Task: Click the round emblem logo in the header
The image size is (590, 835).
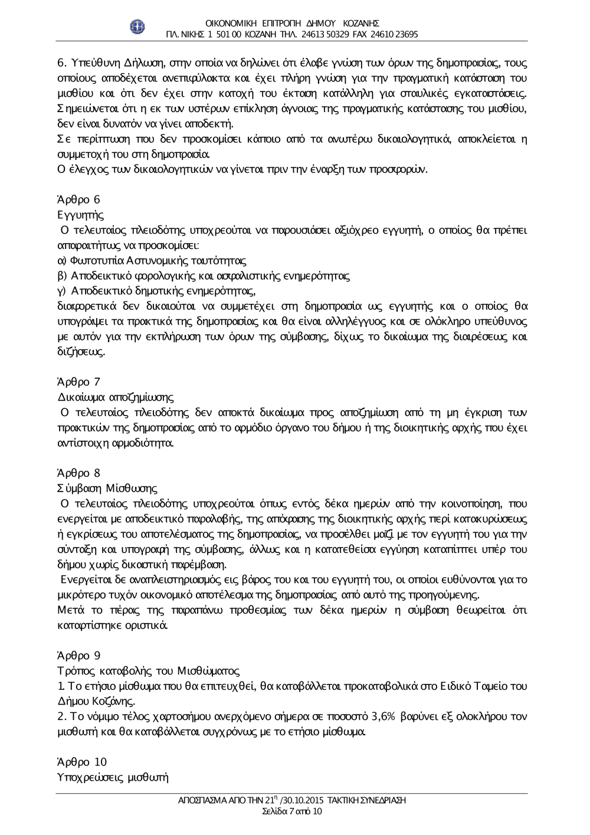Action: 137,27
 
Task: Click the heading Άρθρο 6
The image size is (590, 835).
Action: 78,199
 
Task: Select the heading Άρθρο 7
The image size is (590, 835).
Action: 78,382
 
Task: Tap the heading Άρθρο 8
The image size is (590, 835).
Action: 78,473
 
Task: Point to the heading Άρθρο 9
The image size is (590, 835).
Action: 78,655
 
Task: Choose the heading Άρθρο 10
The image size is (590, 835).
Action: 81,762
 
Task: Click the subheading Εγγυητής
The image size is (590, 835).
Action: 80,215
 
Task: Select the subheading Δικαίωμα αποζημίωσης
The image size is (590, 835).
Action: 115,397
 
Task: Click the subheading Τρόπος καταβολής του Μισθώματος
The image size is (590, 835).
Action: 148,670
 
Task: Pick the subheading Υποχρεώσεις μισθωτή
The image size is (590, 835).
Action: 113,777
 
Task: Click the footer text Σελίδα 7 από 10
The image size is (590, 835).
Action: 292,811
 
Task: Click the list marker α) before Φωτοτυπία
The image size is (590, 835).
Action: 61,260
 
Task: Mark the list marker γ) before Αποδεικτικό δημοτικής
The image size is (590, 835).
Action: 61,291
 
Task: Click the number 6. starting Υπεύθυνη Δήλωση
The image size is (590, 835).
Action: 61,63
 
